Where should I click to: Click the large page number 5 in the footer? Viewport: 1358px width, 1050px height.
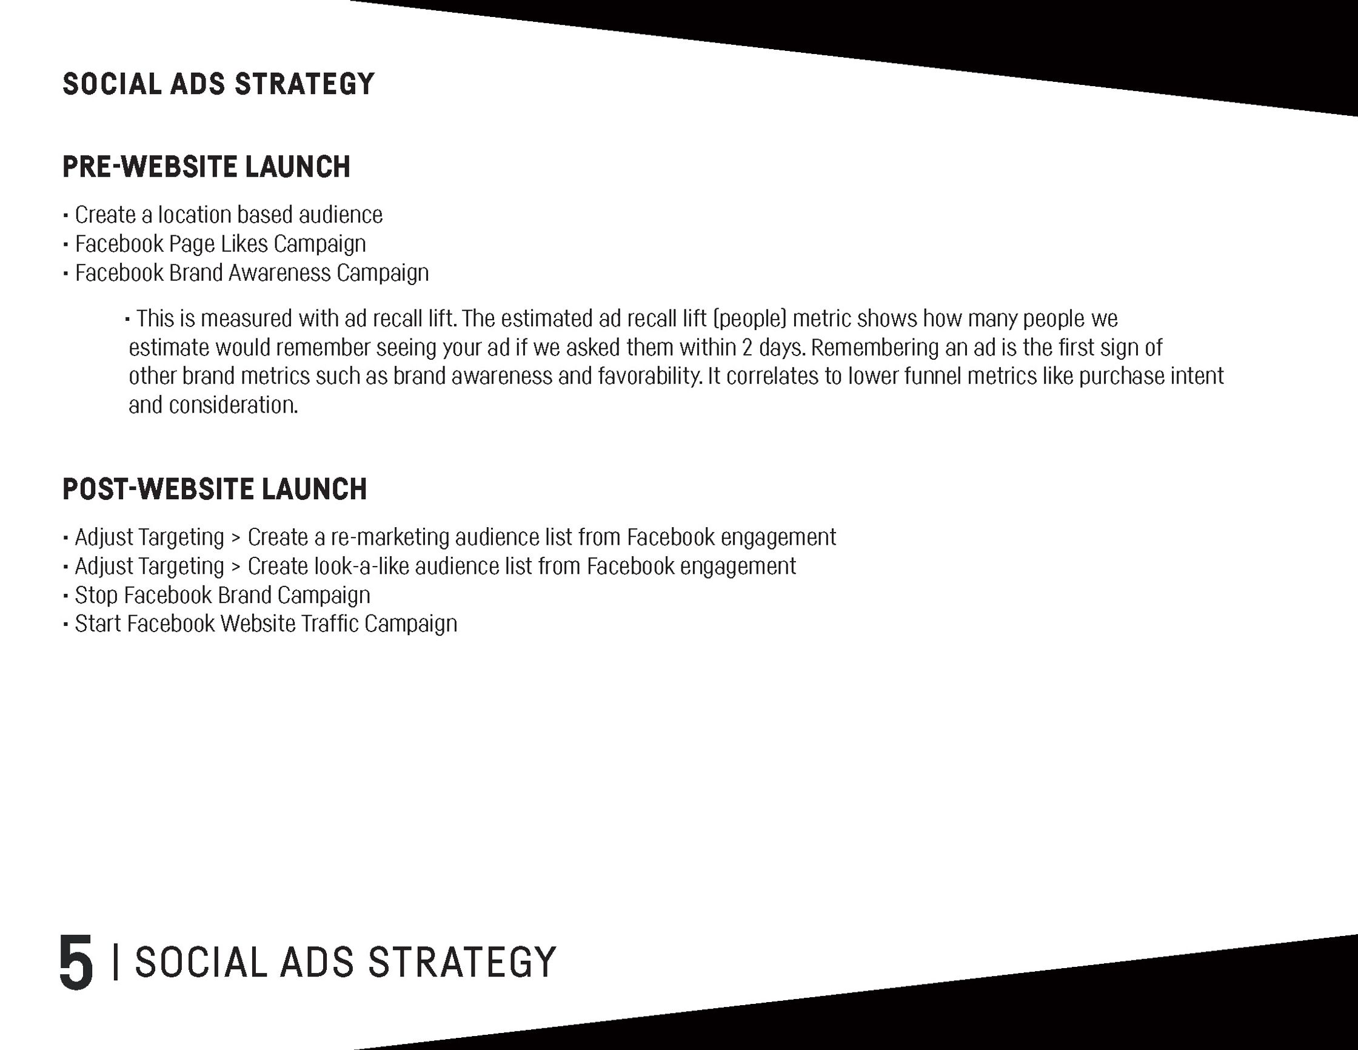(x=76, y=961)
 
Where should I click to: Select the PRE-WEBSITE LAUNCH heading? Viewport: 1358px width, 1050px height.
(x=207, y=167)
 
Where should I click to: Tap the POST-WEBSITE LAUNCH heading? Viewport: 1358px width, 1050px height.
(x=215, y=489)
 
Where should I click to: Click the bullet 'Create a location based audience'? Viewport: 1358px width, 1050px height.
(x=229, y=215)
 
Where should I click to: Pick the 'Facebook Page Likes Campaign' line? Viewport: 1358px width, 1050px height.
(x=220, y=244)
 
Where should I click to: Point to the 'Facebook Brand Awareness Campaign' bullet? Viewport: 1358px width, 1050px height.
(x=252, y=273)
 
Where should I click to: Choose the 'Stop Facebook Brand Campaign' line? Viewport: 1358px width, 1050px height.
(x=222, y=595)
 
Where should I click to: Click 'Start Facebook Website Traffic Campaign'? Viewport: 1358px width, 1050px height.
(x=266, y=624)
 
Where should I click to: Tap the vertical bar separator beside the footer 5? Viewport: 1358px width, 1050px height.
(x=116, y=961)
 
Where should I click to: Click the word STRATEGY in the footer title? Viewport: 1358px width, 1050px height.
(x=462, y=961)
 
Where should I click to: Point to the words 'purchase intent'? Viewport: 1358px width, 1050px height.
(x=1151, y=377)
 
